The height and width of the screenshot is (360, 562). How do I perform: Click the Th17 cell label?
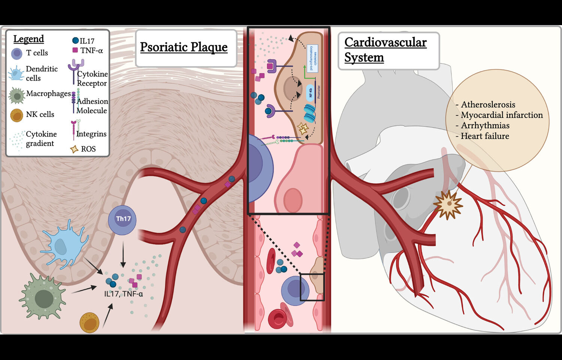123,219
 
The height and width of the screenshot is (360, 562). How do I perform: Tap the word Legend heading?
28,39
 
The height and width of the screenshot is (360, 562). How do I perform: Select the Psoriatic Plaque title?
184,47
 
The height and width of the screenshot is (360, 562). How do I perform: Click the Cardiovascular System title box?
389,50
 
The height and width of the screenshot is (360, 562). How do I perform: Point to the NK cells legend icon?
16,115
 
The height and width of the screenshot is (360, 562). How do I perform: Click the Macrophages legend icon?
17,96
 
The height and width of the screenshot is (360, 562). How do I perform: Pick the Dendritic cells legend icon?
16,73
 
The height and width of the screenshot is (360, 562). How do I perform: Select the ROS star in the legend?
74,149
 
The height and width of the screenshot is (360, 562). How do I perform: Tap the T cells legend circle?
16,54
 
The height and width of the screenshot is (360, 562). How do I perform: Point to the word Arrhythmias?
485,126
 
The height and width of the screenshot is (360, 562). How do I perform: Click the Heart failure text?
484,136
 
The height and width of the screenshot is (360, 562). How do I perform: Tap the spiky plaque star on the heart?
448,204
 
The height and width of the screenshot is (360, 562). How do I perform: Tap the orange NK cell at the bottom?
90,323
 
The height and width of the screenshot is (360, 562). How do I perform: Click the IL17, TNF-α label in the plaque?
123,294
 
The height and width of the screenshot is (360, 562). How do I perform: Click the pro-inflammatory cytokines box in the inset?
312,58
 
